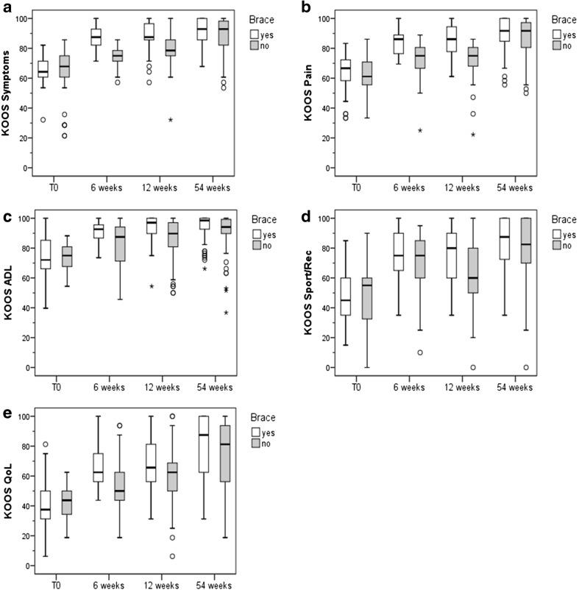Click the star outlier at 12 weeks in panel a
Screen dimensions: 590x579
[170, 120]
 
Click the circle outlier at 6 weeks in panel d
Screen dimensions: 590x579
[419, 352]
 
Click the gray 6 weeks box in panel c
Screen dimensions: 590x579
[116, 246]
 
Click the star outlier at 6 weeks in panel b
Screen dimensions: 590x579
[419, 130]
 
